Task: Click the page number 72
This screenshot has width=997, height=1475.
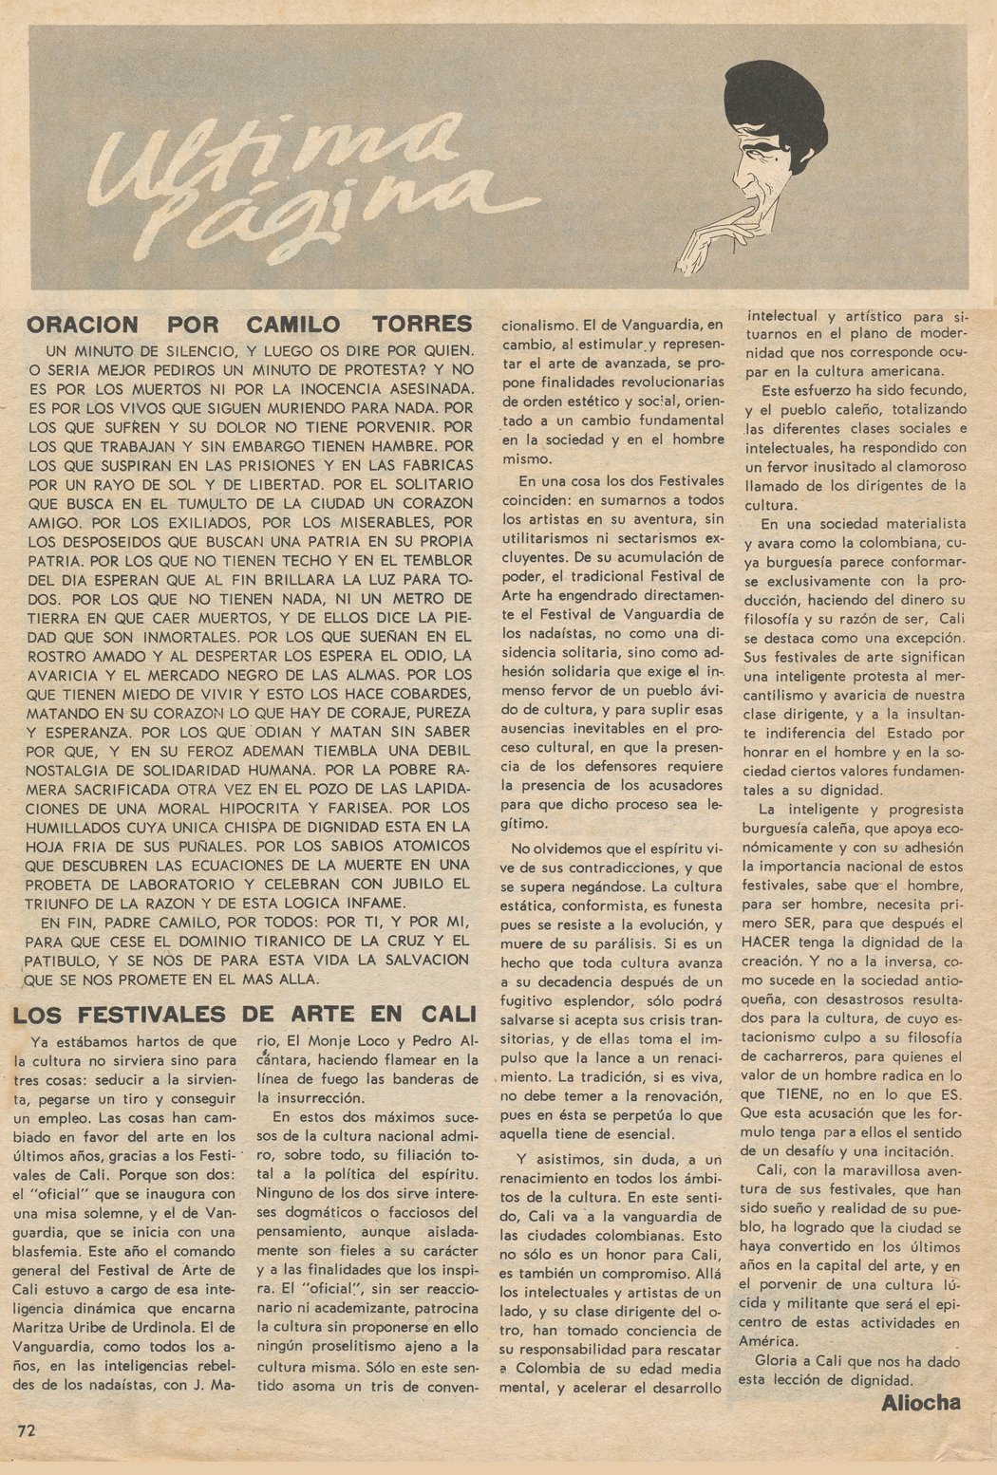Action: click(x=26, y=1430)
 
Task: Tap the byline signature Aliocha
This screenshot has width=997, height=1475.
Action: click(x=920, y=1402)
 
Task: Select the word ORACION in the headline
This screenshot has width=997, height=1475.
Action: click(x=83, y=325)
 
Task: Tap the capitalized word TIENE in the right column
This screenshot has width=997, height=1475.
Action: click(x=823, y=1094)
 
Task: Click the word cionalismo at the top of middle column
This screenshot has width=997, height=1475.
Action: click(x=540, y=325)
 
